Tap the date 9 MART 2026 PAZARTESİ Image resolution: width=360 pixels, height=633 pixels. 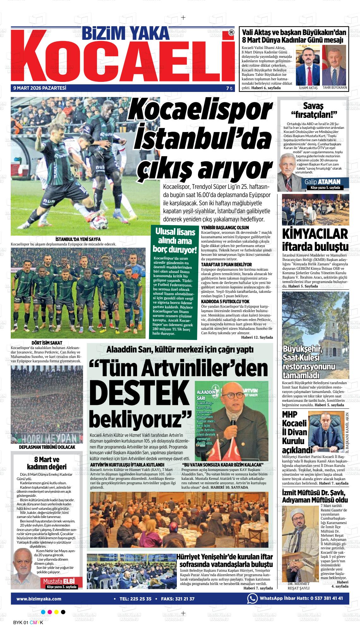39,88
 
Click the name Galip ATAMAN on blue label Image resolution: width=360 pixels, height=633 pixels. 322,182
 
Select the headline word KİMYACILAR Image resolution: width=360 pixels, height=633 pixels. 315,234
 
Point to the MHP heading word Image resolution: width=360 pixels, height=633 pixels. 290,414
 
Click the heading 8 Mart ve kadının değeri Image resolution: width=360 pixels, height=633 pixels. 46,463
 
